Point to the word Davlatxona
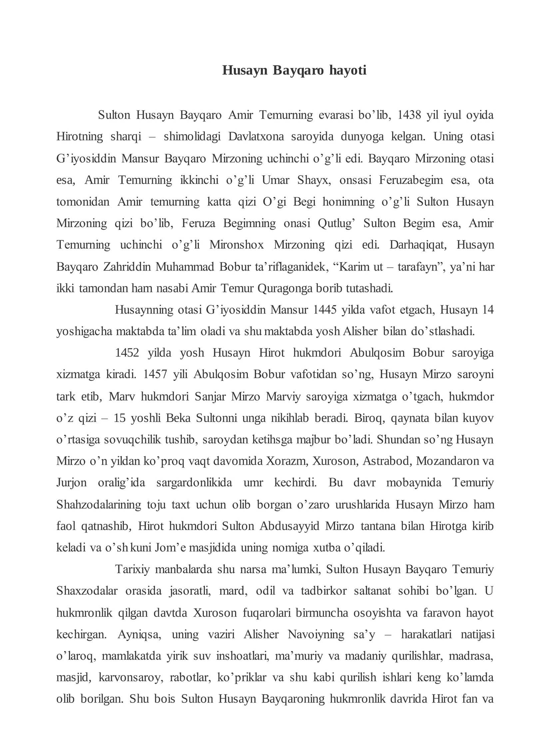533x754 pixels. [256, 137]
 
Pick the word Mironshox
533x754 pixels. [237, 245]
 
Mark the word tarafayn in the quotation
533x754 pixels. [418, 267]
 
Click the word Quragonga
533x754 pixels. [285, 288]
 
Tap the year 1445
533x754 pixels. [325, 310]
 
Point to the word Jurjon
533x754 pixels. [71, 483]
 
